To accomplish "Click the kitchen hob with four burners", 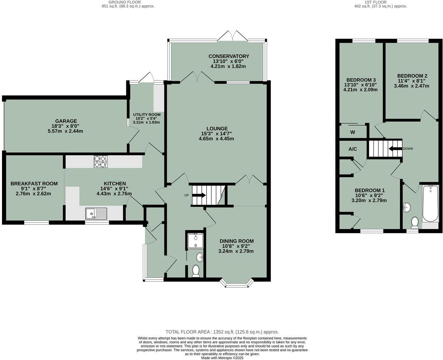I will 100,162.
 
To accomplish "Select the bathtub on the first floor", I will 430,204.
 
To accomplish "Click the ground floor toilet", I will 196,271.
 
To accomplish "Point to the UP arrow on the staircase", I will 199,195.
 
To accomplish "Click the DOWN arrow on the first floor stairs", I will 395,148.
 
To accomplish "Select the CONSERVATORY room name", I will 228,56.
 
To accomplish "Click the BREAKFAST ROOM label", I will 34,183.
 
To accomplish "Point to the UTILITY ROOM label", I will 147,115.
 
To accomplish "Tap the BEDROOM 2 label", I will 412,76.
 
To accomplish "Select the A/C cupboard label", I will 352,149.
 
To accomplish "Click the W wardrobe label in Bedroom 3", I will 352,132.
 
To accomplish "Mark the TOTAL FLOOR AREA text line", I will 222,332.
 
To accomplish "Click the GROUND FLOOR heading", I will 125,2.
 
